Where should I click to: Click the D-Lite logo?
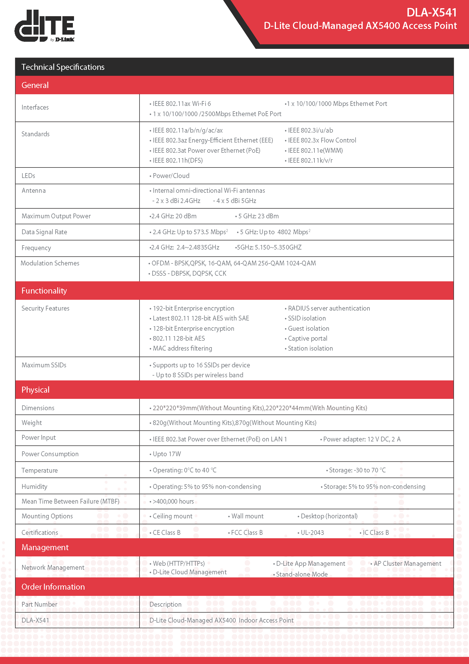[45, 26]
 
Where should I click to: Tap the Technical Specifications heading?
[63, 67]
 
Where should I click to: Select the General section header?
[35, 85]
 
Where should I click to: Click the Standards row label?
[35, 134]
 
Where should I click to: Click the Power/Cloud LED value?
[171, 176]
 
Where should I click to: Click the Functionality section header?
[44, 291]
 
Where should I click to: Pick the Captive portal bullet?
[307, 338]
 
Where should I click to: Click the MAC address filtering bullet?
[182, 349]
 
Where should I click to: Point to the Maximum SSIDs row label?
[44, 365]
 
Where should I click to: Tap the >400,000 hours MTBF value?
[173, 501]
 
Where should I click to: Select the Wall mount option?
[247, 516]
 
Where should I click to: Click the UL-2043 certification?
[312, 533]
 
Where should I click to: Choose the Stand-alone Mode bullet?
[301, 574]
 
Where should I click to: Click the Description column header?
[166, 604]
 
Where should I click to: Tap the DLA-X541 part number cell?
[35, 620]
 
